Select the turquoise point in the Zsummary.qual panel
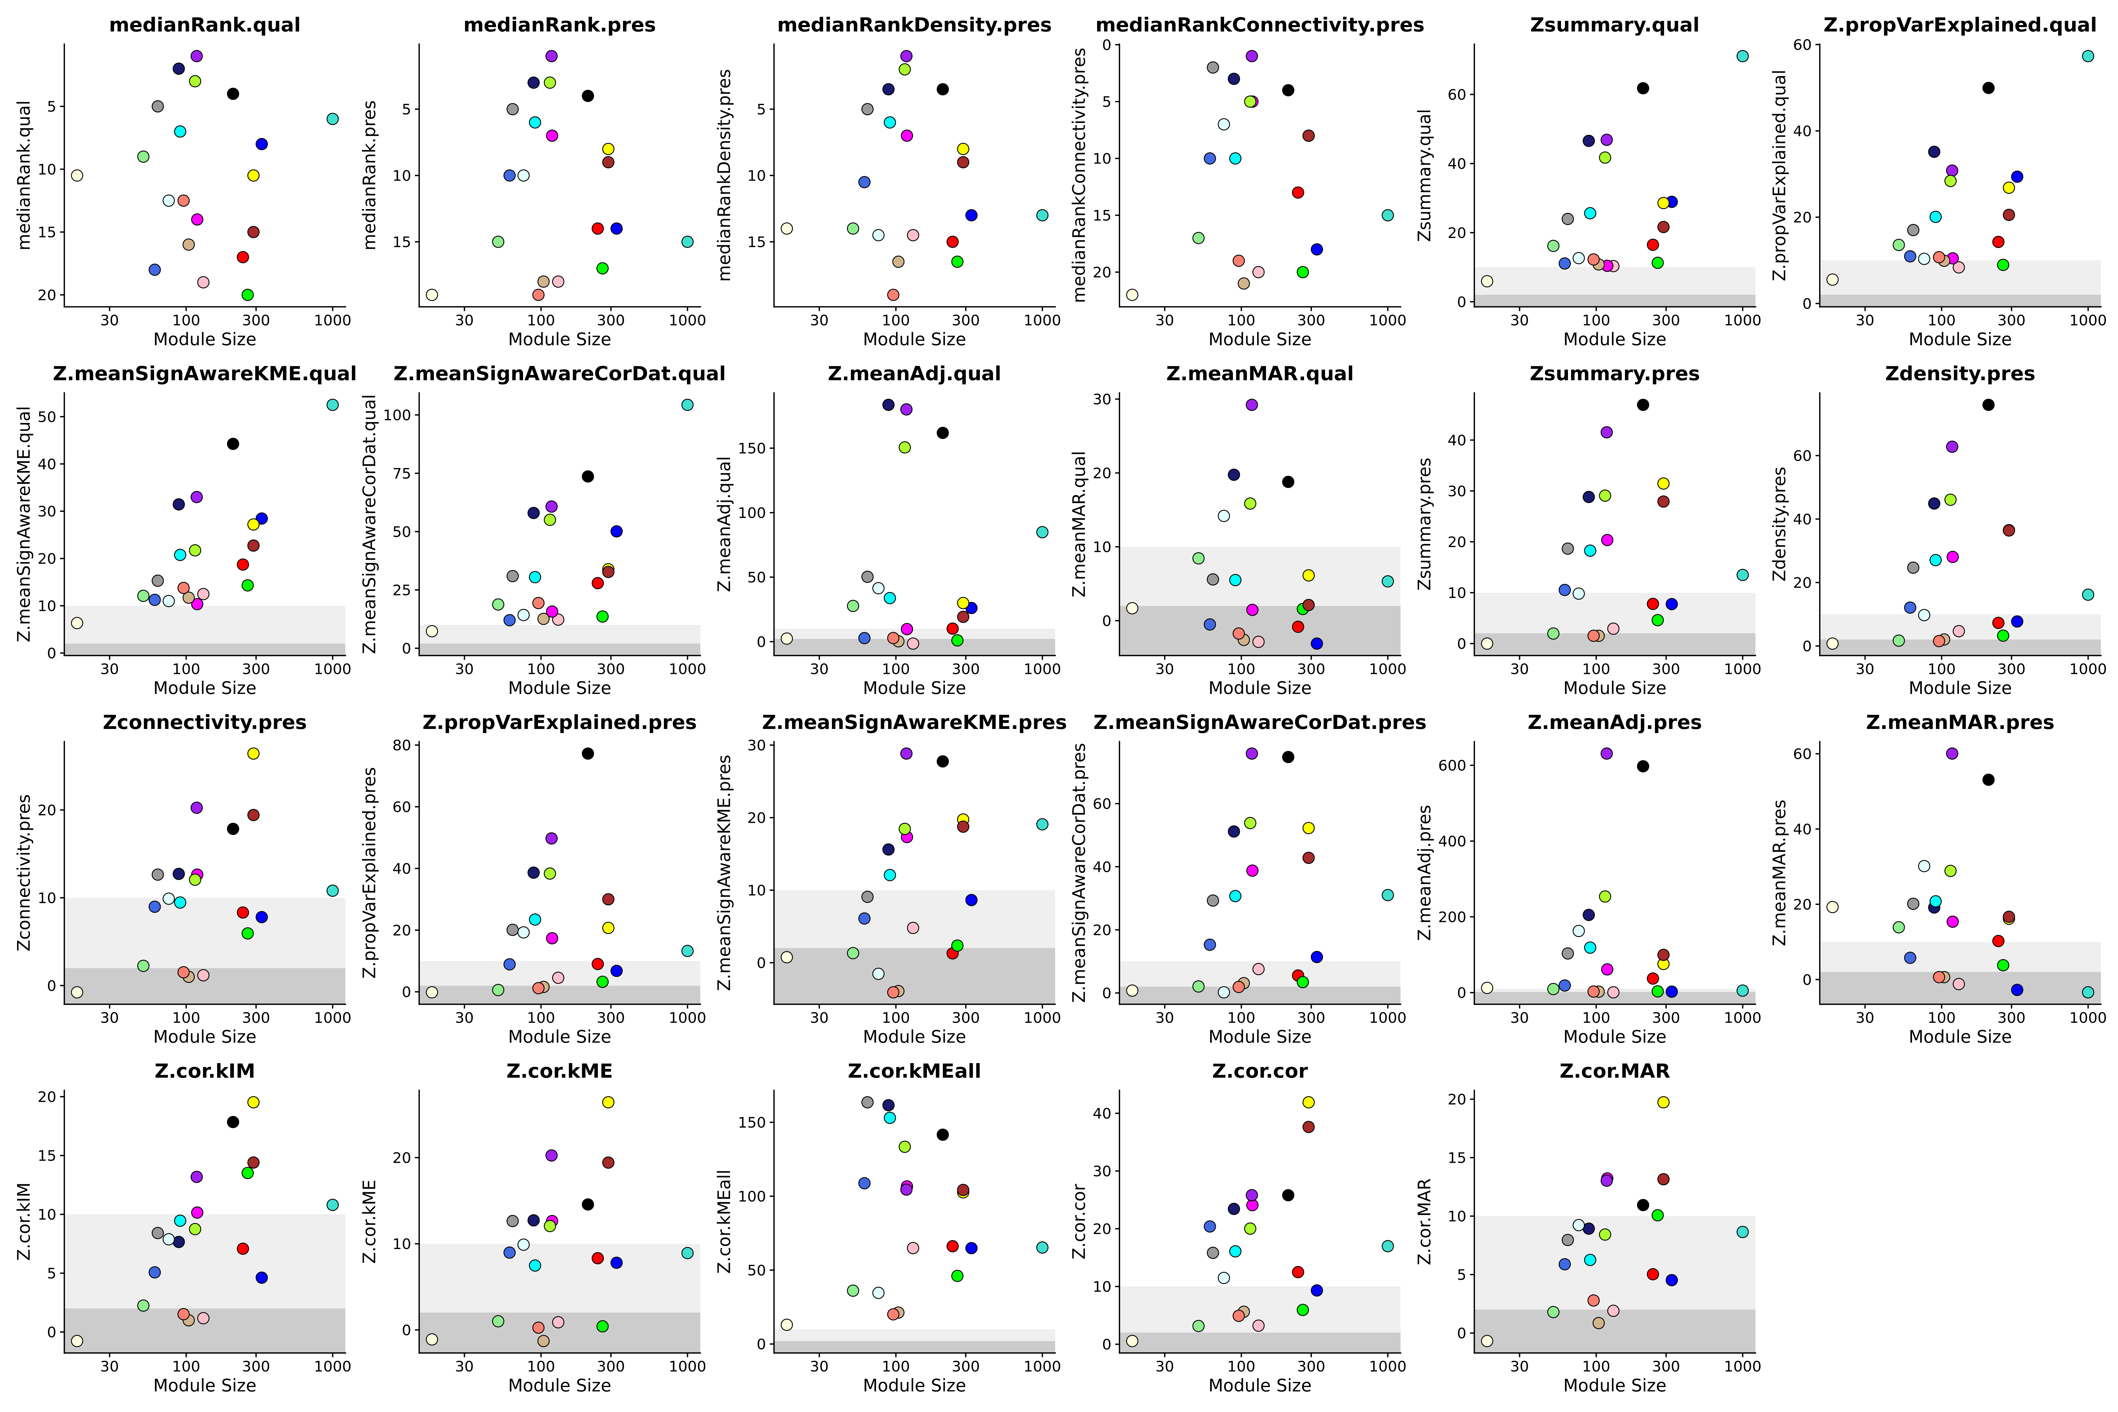tap(1742, 56)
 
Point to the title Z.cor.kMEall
tap(914, 1071)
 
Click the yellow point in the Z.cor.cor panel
tap(1308, 1102)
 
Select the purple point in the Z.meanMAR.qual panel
tap(1252, 404)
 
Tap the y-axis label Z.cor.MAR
tap(1425, 1221)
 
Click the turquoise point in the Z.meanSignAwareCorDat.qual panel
tap(687, 404)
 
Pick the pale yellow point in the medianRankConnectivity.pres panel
tap(1132, 294)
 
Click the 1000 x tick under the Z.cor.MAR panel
tap(1742, 1366)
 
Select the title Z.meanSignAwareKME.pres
tap(914, 722)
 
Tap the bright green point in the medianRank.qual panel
tap(248, 294)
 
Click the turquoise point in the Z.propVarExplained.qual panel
tap(2088, 56)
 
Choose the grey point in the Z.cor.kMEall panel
tap(867, 1102)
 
